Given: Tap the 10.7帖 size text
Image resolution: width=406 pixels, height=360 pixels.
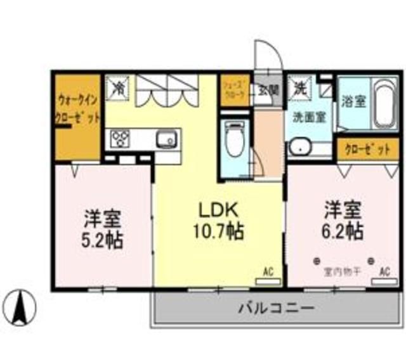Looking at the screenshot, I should (x=218, y=231).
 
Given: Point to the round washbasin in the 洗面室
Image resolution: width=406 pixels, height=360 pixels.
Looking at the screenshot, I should (x=298, y=148).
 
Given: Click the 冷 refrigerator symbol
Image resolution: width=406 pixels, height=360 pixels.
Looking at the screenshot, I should (x=119, y=87).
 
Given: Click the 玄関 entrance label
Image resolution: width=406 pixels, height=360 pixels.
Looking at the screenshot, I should (x=268, y=89).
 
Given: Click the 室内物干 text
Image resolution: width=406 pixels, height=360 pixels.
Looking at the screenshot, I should (x=343, y=272).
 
